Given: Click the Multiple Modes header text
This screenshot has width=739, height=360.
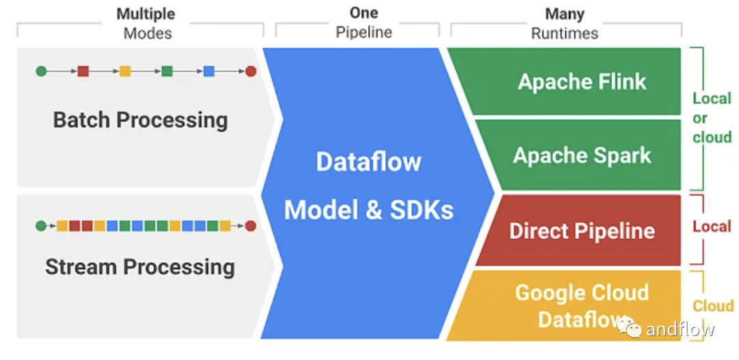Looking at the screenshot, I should click(x=146, y=23).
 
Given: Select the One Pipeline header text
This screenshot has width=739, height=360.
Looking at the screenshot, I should click(x=363, y=23).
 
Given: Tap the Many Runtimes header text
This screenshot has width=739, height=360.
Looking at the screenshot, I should click(x=565, y=23).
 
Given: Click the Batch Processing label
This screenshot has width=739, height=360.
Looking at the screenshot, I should click(x=140, y=120).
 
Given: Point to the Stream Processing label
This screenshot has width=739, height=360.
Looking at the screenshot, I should click(x=140, y=266).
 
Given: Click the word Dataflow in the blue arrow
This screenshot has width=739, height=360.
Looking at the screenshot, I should click(x=368, y=162).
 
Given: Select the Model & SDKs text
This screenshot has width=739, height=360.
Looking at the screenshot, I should click(x=368, y=209).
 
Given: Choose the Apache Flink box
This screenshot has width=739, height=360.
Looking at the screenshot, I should click(x=582, y=81).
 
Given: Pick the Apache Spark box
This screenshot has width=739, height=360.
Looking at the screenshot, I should click(x=582, y=155).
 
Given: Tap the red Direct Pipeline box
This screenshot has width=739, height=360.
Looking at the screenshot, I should click(x=582, y=231).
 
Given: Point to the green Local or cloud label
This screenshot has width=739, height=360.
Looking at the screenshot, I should click(x=712, y=118).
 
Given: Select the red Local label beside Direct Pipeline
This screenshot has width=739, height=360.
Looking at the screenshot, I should click(x=712, y=227).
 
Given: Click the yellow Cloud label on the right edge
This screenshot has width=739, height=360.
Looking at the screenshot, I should click(x=713, y=306).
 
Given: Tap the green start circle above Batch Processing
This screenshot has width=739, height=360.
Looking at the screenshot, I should click(x=41, y=70).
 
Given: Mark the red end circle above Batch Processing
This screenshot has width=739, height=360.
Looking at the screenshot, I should click(x=250, y=70).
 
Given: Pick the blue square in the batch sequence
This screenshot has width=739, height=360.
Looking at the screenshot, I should click(x=209, y=70).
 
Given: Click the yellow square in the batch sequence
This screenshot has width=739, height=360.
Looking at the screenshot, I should click(x=125, y=70).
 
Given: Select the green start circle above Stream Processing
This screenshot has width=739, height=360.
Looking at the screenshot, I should click(x=41, y=225).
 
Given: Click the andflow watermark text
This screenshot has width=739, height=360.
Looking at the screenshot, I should click(x=680, y=329).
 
